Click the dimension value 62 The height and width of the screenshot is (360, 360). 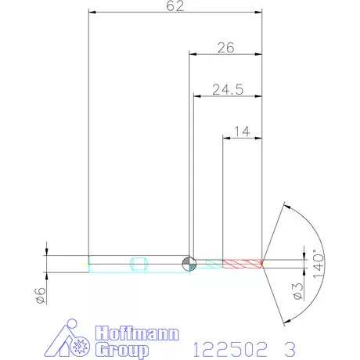(175, 6)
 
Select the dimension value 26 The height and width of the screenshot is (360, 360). (226, 48)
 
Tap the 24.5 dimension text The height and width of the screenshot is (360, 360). (227, 90)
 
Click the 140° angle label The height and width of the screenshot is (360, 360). (317, 261)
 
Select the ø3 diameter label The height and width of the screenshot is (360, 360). (297, 290)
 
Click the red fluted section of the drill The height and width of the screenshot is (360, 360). (242, 263)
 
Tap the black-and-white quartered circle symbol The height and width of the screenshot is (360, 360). (189, 263)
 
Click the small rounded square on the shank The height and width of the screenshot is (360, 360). (139, 263)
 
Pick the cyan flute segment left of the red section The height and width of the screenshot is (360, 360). (210, 263)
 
